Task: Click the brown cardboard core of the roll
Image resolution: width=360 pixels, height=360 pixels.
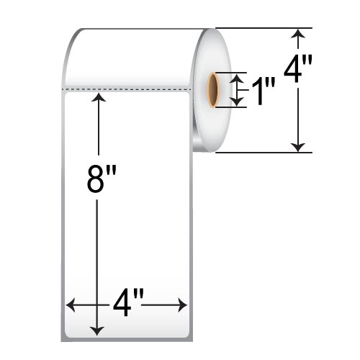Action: (x=214, y=90)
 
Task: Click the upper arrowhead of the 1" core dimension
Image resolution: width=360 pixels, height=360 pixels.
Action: (x=239, y=77)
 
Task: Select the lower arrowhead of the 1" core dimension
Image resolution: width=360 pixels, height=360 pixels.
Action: (x=239, y=103)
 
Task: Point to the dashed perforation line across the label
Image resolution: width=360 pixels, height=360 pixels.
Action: (x=126, y=90)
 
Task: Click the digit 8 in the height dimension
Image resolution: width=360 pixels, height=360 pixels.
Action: (x=94, y=180)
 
